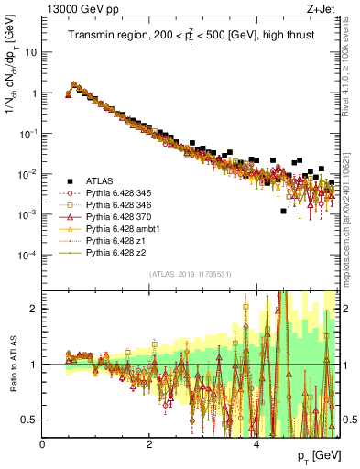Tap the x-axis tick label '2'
coord(149,444)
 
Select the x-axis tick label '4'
coord(256,444)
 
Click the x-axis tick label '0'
coord(43,444)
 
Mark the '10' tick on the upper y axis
coord(31,52)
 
